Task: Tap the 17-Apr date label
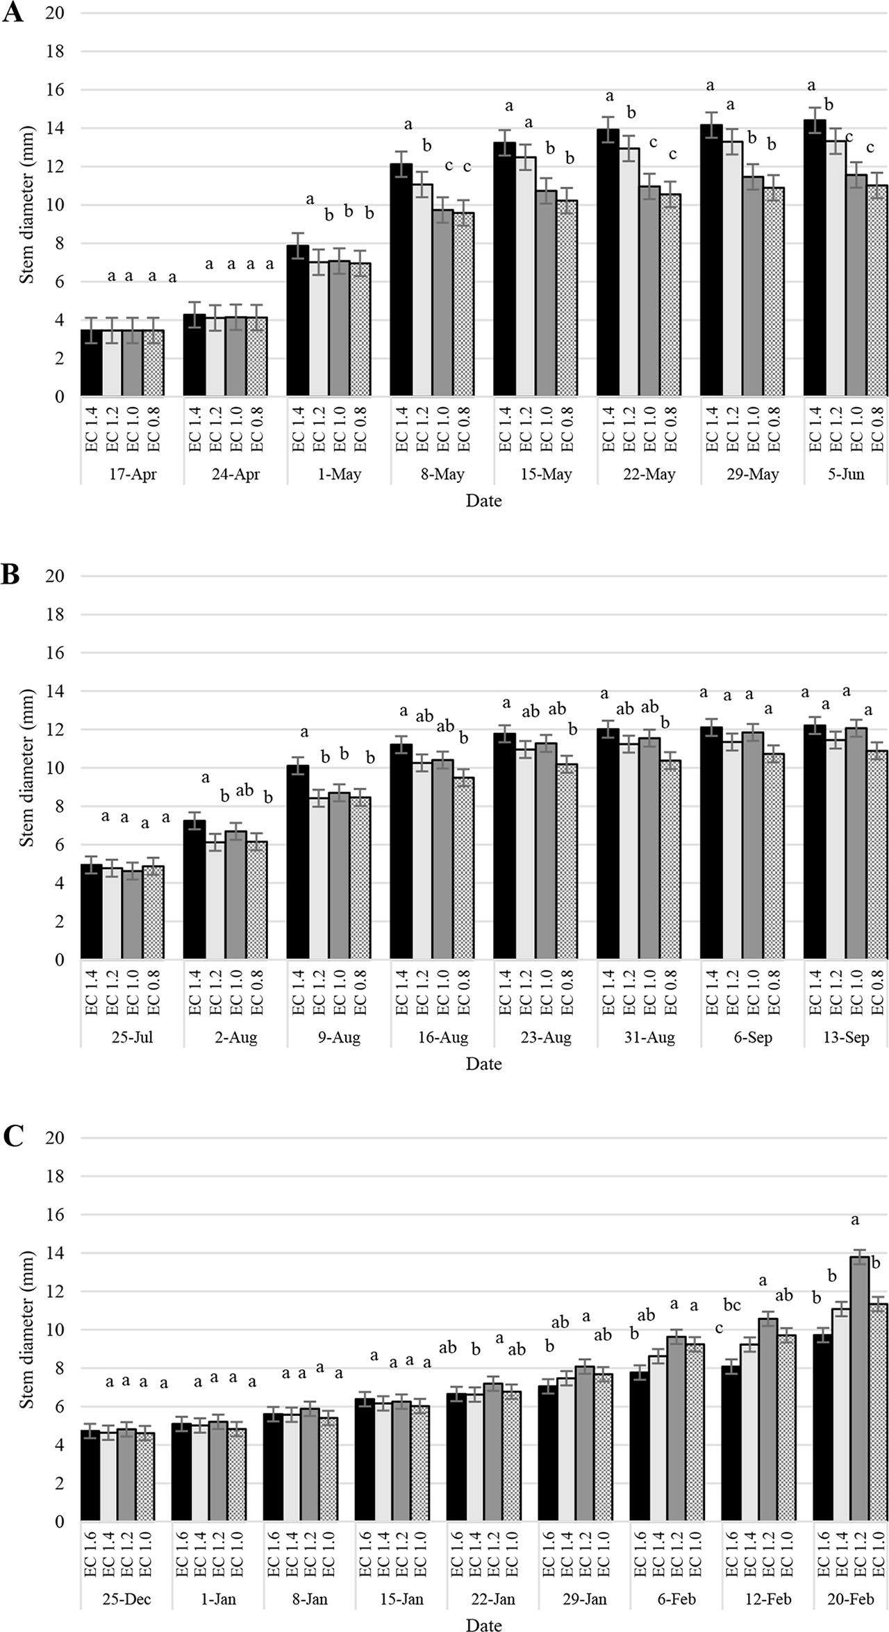tap(133, 475)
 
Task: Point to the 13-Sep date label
tap(846, 1038)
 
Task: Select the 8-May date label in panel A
tap(442, 475)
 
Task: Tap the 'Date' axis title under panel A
tap(483, 501)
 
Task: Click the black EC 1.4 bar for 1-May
tap(298, 321)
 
